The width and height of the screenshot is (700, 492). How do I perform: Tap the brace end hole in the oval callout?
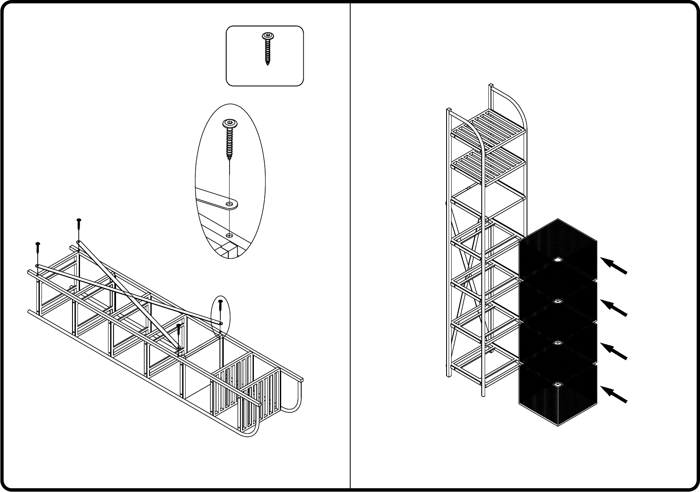click(x=229, y=204)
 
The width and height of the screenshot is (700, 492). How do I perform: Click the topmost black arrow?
click(x=614, y=266)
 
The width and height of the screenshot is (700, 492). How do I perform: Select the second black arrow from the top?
click(x=614, y=308)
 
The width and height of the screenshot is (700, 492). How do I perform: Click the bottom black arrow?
click(x=614, y=394)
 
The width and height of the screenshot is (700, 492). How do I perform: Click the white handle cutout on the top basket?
click(x=557, y=260)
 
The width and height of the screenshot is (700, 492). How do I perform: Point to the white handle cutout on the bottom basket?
click(x=557, y=384)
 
